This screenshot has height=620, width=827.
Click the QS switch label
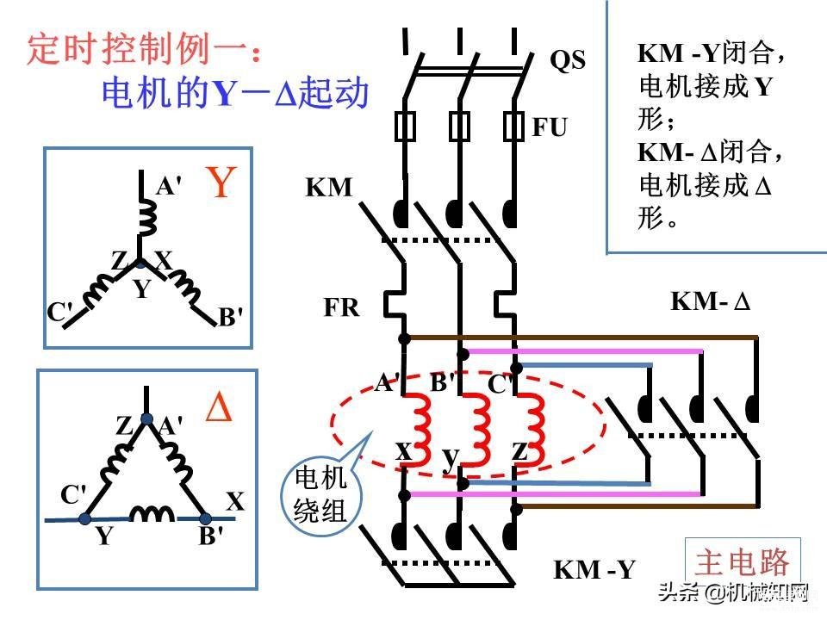(568, 60)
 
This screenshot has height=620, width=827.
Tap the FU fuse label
(550, 127)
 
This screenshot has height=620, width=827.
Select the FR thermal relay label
(342, 307)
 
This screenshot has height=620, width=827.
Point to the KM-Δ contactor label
(712, 302)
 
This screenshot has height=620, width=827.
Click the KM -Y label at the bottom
(594, 570)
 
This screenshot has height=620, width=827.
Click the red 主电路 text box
(742, 562)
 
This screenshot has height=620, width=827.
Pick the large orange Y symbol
(221, 183)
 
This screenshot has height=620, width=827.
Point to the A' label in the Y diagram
(169, 185)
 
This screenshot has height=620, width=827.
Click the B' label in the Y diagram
(231, 318)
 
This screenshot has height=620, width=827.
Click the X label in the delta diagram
(235, 501)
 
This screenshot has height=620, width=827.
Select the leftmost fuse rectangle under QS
(405, 126)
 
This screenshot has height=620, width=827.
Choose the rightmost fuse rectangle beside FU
(514, 126)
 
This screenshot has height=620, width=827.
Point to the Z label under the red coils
(519, 450)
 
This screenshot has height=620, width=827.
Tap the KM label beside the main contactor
(329, 187)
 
